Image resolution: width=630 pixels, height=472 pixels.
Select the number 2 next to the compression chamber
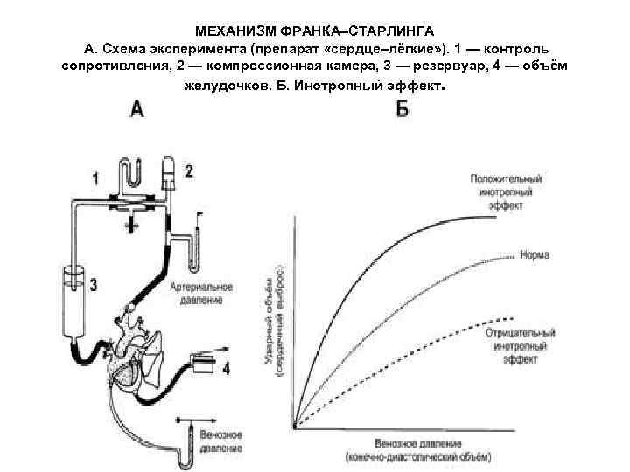click(x=188, y=170)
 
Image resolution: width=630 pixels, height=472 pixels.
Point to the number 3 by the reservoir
click(x=93, y=285)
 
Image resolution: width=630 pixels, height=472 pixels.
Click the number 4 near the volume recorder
click(x=226, y=369)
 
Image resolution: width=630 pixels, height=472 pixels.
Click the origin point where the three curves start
click(x=297, y=428)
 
